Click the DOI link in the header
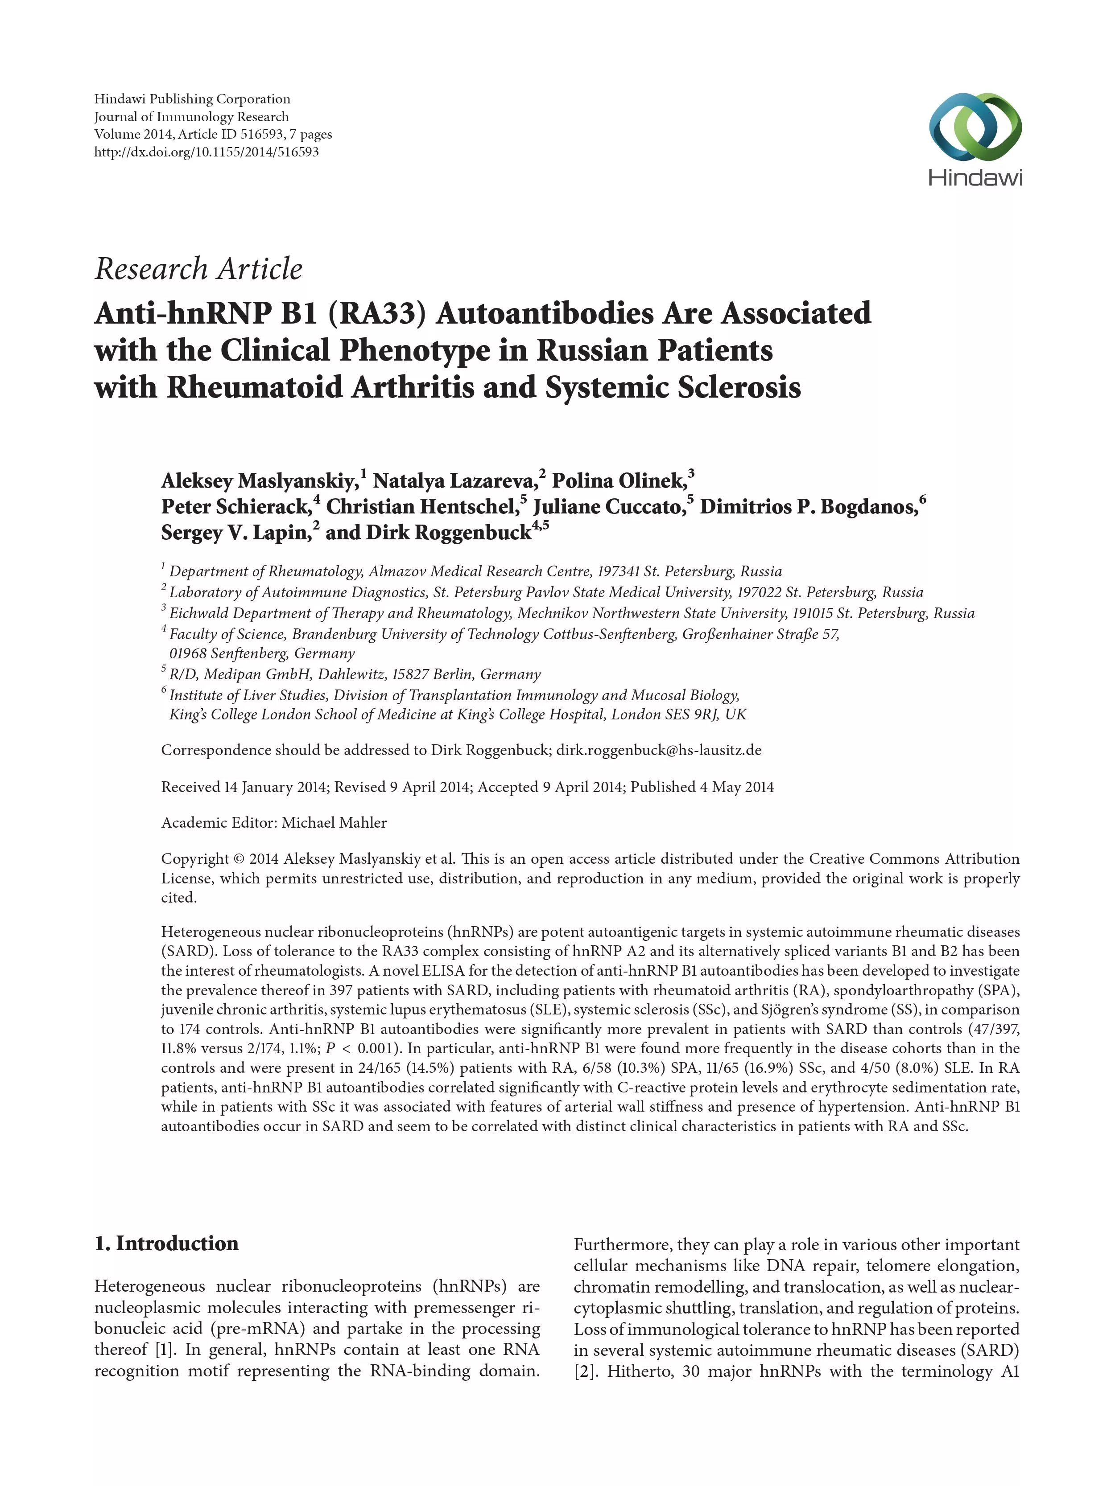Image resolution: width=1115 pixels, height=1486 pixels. point(206,152)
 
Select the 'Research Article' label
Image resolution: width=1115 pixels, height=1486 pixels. point(198,269)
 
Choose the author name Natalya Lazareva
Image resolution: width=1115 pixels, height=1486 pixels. point(455,481)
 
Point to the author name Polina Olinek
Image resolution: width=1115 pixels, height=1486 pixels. point(619,481)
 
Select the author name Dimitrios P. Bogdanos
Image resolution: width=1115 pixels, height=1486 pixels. point(809,506)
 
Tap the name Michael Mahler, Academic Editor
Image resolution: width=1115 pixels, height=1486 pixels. point(334,822)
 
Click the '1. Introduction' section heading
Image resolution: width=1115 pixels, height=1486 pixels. point(167,1243)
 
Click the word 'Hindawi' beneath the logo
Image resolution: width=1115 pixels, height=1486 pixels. point(975,177)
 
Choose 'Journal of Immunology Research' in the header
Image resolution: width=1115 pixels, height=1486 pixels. point(191,117)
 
